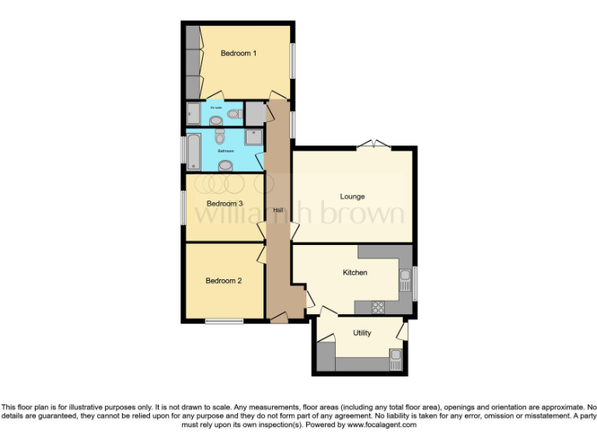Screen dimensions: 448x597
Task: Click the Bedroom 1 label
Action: point(238,53)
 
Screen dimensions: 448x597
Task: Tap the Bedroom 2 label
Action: point(223,281)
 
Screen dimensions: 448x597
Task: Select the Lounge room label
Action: point(352,196)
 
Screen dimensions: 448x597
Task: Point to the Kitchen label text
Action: point(355,272)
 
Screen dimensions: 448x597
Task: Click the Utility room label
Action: point(361,333)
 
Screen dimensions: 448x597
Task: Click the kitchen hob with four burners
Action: point(379,306)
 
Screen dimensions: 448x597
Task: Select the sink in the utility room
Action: point(395,359)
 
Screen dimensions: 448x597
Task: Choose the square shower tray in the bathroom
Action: point(254,138)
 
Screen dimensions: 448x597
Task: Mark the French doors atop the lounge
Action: point(374,144)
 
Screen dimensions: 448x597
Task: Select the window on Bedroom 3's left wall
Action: point(183,208)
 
